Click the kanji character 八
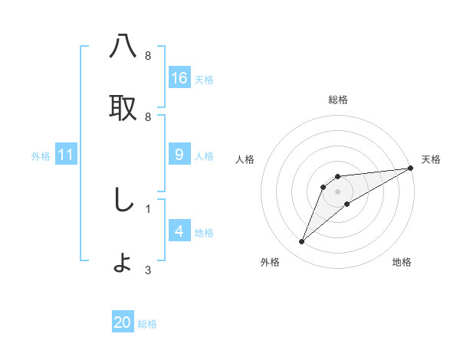123,47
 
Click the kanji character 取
123,108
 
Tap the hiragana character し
123,200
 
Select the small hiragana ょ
123,263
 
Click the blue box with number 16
179,77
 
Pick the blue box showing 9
179,155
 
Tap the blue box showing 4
179,231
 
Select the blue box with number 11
66,155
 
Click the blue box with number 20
123,322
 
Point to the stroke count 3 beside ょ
148,270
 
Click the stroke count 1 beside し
148,208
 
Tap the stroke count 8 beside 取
148,116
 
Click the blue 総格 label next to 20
147,324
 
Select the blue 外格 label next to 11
41,156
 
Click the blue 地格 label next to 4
204,233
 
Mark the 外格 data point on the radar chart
302,242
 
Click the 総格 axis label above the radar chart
338,100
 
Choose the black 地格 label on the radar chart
402,262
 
